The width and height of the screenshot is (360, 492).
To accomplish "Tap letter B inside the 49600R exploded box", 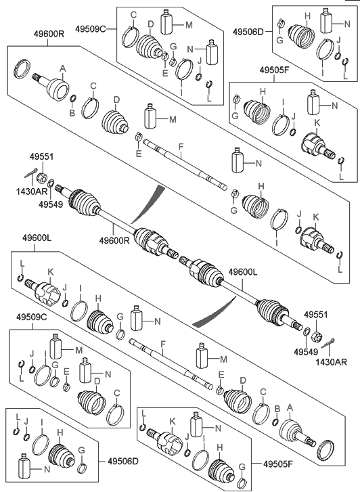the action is coord(72,112).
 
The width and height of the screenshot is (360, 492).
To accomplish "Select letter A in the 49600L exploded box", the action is coord(290,408).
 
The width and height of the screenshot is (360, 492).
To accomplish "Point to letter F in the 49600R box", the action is coord(181,146).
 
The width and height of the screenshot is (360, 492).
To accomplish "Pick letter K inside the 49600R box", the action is coord(315,217).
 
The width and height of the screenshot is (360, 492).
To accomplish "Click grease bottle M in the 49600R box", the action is coord(150,116).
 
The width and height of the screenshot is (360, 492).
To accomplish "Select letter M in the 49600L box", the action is coord(223,359).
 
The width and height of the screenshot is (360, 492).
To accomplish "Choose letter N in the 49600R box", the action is coord(258,163).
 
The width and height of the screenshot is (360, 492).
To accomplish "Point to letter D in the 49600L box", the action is coord(243,381).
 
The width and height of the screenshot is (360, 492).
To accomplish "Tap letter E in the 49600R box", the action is coord(139,154).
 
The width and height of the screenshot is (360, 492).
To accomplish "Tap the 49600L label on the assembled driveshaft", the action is coord(243,272).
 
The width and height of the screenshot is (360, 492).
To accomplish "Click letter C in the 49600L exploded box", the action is coord(263,392).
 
